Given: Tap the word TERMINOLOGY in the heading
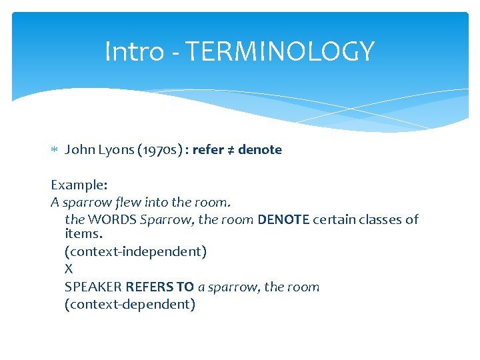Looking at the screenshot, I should point(279,51).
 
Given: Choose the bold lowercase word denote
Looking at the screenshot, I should point(260,150).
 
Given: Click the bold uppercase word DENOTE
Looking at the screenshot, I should point(283,219).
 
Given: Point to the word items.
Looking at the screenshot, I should point(81,234).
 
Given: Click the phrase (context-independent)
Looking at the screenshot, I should point(136,251).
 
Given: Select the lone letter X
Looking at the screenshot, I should point(69,269).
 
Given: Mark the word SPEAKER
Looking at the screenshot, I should point(93,287).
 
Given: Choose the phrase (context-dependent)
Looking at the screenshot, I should point(130,305).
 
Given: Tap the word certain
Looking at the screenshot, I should point(335,219).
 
